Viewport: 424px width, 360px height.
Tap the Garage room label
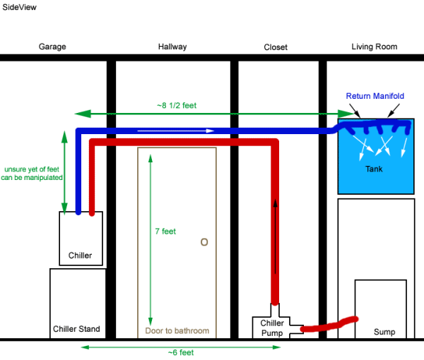[x=52, y=47]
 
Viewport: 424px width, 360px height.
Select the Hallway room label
[x=172, y=47]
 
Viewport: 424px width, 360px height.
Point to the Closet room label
[x=276, y=47]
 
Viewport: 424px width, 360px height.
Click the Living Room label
[x=374, y=47]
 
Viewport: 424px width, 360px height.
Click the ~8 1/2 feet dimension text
[x=176, y=105]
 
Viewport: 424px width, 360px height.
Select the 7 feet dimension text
[x=165, y=231]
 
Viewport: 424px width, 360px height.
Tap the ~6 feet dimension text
[x=182, y=352]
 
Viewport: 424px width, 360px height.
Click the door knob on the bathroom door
[x=204, y=242]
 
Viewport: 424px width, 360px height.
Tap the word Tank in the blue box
[x=374, y=169]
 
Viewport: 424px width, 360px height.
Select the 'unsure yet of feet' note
[x=33, y=174]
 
